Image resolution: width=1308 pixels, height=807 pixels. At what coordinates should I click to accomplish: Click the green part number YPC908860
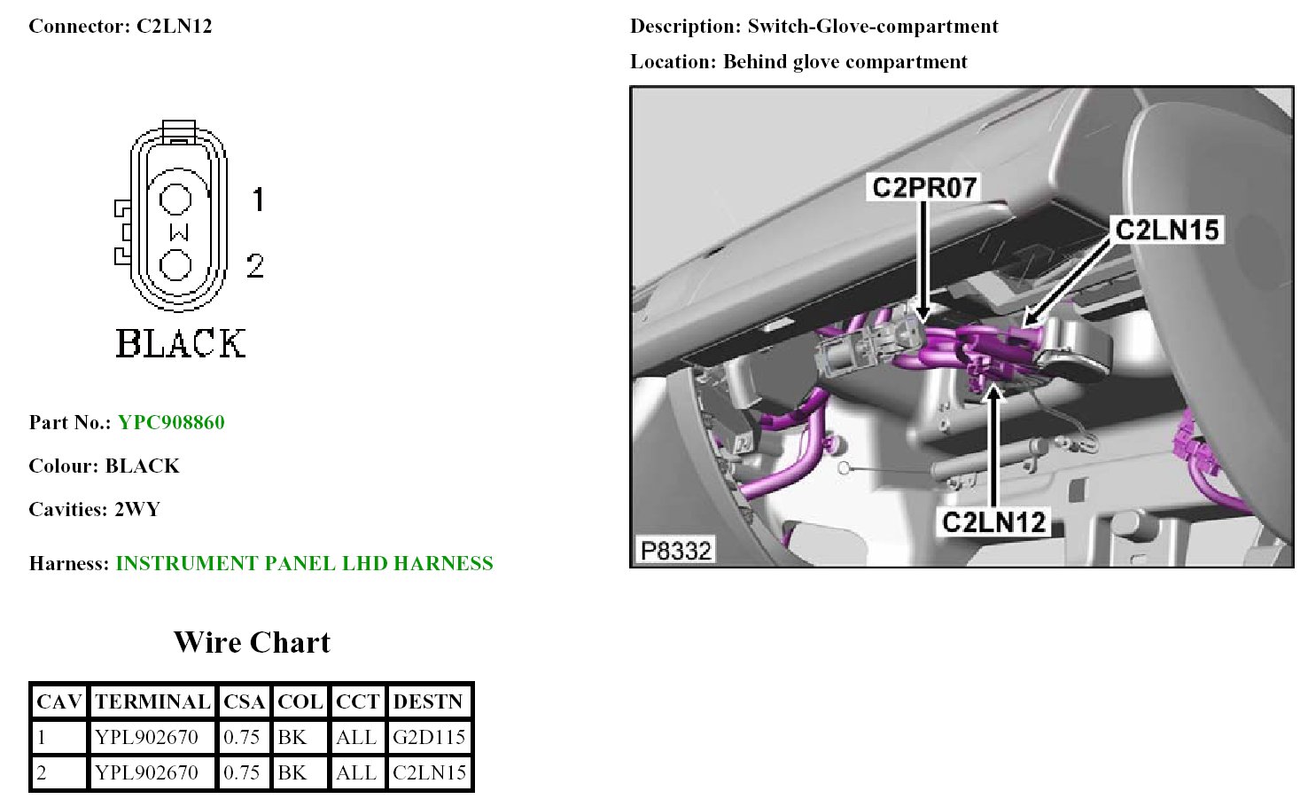coord(171,422)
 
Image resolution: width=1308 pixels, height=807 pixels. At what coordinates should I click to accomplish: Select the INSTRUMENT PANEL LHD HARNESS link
coord(304,563)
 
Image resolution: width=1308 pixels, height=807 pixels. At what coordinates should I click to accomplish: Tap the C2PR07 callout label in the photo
coord(924,188)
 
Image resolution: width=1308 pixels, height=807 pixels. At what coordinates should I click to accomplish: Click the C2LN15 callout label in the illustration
coord(1167,230)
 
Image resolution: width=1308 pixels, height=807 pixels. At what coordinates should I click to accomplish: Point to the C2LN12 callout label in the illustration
coord(994,521)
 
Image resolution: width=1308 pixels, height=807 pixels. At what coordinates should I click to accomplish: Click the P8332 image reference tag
coord(675,551)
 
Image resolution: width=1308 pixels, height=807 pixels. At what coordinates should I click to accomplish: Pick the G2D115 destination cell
coord(430,737)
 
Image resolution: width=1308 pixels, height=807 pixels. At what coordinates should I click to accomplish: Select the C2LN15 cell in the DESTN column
coord(430,772)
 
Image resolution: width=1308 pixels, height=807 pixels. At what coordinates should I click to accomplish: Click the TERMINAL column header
coord(152,701)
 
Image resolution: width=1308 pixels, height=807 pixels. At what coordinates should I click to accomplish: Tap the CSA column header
coord(244,701)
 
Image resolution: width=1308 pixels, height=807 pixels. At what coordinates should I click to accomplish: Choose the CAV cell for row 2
coord(58,772)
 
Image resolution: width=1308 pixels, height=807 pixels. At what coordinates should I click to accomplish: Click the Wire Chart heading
coord(252,642)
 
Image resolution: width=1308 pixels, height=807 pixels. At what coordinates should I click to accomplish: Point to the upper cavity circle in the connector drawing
coord(175,199)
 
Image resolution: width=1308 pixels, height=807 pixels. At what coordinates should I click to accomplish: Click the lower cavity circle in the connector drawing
coord(175,264)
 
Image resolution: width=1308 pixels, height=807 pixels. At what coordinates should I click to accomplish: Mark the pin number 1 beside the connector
coord(257,200)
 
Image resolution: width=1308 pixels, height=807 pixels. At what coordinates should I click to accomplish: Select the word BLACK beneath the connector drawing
coord(181,343)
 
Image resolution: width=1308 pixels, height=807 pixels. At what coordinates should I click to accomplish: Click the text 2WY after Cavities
coord(137,509)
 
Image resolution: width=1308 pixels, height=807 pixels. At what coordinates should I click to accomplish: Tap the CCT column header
coord(357,701)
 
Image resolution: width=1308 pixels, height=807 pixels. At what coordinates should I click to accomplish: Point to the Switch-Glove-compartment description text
coord(872,27)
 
